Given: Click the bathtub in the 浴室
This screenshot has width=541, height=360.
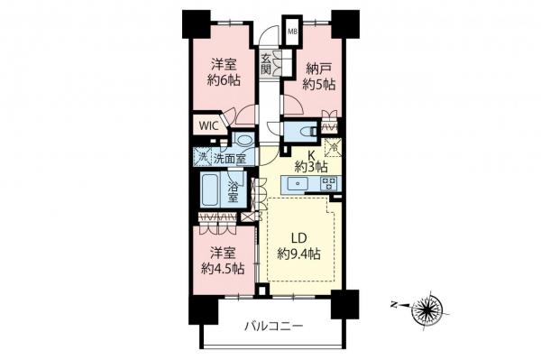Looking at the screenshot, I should tap(211, 191).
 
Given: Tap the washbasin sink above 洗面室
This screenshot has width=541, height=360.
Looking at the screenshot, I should tap(243, 143).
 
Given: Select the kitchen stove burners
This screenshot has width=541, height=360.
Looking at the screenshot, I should tap(329, 184).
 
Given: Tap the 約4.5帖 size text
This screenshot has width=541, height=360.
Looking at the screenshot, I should tap(220, 268).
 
